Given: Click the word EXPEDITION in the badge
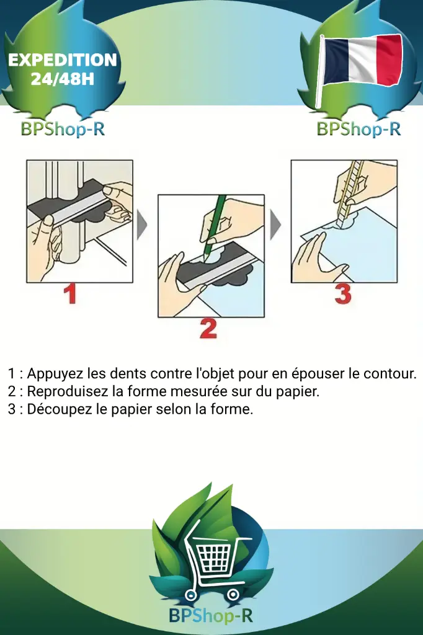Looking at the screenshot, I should (x=62, y=60).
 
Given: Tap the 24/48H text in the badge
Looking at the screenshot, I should (x=62, y=79).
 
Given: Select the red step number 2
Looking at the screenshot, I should (x=208, y=328).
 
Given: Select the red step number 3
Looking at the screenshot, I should (x=342, y=293).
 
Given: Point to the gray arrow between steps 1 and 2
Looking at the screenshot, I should (x=142, y=224).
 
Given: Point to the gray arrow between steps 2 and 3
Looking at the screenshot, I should (x=275, y=224).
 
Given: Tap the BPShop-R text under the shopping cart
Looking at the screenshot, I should (x=211, y=616).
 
